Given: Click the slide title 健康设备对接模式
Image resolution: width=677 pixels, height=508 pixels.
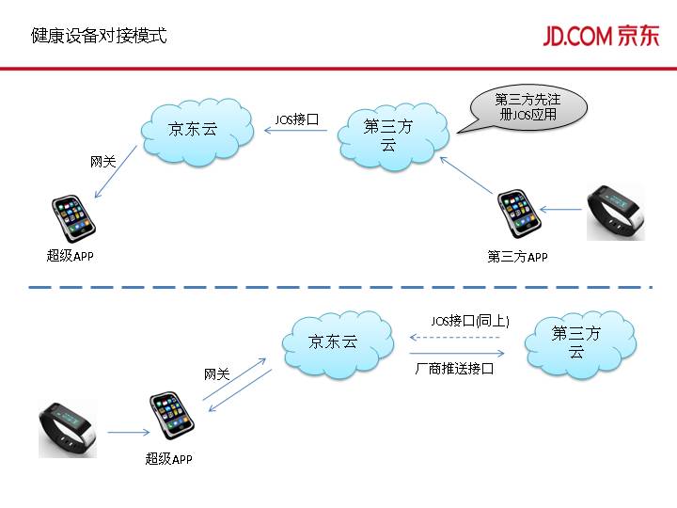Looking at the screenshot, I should [98, 37].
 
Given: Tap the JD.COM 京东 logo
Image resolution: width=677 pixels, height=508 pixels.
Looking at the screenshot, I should [601, 36].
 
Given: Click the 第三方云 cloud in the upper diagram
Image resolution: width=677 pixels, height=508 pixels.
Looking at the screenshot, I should [388, 135].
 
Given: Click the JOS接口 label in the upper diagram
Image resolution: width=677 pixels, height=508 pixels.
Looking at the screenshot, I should [297, 119].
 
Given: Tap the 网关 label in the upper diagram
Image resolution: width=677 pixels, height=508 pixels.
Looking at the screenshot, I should [102, 162].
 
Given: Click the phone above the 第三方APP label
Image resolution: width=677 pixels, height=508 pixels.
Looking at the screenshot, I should [517, 215].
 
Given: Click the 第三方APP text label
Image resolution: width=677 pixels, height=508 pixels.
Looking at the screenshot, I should [517, 257].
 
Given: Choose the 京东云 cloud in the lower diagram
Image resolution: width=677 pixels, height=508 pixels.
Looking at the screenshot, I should [336, 341].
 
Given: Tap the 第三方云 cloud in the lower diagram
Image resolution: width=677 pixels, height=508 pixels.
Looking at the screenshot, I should [576, 341].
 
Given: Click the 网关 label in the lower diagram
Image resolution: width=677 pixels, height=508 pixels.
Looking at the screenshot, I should [217, 374].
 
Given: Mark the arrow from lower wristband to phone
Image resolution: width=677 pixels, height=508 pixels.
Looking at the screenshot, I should [127, 433].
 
